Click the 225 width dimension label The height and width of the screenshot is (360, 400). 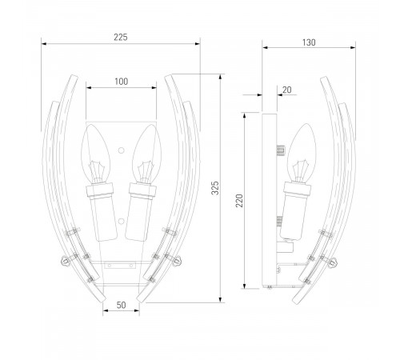(x=121, y=37)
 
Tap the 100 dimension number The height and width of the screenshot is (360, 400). (x=121, y=82)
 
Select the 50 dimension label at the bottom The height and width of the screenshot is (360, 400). (x=121, y=305)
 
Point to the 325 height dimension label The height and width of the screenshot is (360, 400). (x=215, y=188)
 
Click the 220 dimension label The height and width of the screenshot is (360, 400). (x=239, y=201)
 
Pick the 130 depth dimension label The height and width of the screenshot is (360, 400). (x=309, y=42)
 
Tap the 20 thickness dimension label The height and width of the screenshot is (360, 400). (x=286, y=90)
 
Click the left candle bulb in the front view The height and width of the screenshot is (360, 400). (x=96, y=154)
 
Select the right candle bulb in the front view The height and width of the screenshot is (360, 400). (x=147, y=154)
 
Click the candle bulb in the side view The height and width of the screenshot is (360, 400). (x=302, y=153)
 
